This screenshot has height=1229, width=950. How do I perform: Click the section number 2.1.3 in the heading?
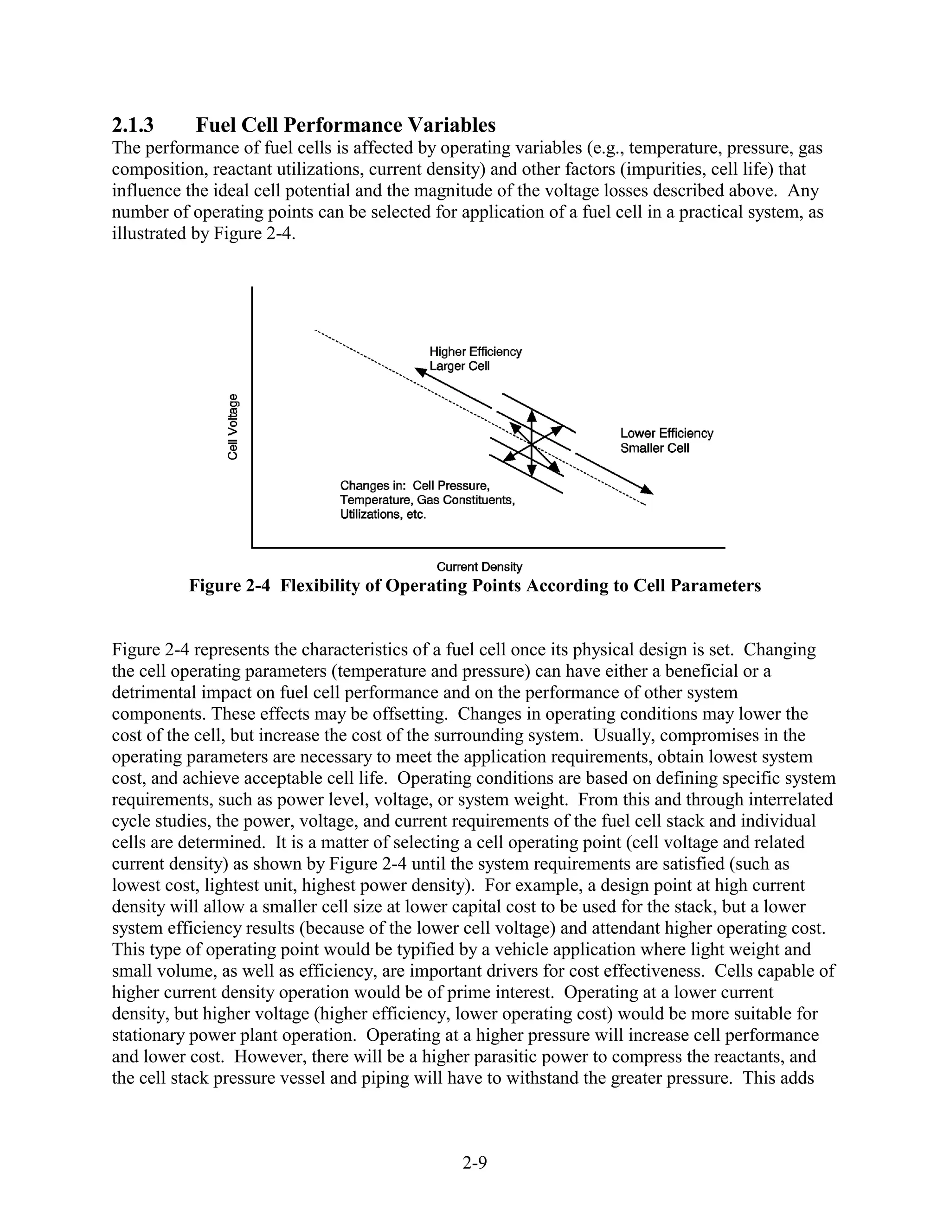133,124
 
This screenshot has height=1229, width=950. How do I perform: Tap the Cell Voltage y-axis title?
232,426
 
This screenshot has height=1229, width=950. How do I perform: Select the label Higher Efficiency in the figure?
475,352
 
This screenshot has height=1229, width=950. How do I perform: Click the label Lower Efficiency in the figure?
667,433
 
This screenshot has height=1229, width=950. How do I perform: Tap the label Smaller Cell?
655,448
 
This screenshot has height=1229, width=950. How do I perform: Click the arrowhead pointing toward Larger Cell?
420,372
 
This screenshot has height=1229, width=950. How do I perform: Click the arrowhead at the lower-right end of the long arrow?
648,490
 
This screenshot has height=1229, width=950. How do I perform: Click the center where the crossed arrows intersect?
531,445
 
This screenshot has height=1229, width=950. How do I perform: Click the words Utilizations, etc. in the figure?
383,515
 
